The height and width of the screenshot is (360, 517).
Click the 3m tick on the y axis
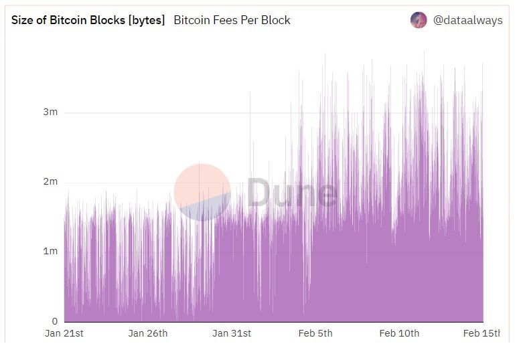tap(50, 112)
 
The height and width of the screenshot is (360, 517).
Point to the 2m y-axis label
tap(50, 182)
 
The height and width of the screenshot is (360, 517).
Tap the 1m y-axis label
tap(50, 252)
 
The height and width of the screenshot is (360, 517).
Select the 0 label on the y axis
tap(54, 321)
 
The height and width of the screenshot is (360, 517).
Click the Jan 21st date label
tap(64, 333)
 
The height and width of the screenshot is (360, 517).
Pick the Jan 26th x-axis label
tap(148, 333)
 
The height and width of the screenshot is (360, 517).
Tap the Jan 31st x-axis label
tap(232, 333)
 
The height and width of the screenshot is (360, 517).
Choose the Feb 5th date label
tap(315, 333)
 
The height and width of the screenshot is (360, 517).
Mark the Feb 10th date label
tap(399, 333)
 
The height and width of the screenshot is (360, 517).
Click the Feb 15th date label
tap(482, 333)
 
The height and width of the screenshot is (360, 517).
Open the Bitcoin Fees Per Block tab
tap(232, 20)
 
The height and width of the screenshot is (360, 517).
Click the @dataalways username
tap(467, 20)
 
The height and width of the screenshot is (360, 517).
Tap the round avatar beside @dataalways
tap(419, 20)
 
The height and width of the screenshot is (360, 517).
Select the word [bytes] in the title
tap(146, 20)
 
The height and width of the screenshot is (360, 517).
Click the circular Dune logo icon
tap(202, 192)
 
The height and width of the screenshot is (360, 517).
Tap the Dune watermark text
tap(292, 192)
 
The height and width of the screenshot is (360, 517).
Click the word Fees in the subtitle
tap(226, 20)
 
